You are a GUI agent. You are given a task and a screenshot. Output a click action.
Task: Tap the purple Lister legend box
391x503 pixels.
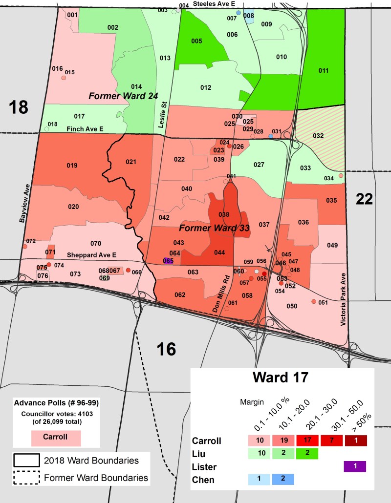coord(355,466)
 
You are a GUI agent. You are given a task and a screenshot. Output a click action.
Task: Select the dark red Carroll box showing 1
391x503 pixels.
coord(355,440)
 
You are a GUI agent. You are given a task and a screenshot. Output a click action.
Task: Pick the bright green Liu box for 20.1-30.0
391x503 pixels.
coord(307,454)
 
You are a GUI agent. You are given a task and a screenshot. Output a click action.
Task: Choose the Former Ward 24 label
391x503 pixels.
coord(123,96)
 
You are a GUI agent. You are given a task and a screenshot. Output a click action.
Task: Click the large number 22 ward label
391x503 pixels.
coord(364,199)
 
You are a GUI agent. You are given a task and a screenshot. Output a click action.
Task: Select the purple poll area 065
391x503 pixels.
coord(168,261)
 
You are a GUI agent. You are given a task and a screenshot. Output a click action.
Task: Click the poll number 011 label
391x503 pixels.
coord(323,70)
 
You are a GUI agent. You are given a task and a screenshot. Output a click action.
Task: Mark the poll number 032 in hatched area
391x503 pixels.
coord(318,135)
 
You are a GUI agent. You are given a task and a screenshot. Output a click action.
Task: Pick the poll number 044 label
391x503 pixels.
coord(219,252)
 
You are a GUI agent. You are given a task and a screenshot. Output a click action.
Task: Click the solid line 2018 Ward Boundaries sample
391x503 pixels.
coord(26,461)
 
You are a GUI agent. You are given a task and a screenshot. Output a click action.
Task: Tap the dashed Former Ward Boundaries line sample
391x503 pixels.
coord(26,478)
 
